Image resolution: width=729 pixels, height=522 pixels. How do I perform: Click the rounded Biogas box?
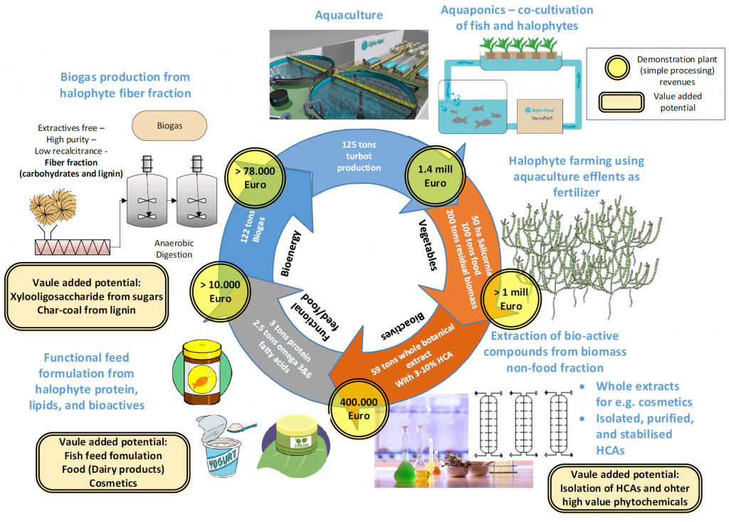[170, 125]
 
